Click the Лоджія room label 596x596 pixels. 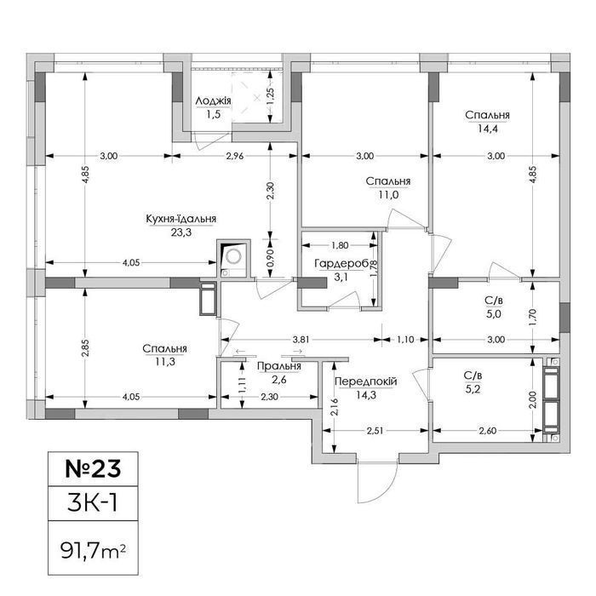point(213,101)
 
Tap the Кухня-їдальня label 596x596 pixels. point(181,219)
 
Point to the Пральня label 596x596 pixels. point(279,366)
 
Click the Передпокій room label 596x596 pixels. point(365,381)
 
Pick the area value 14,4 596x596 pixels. point(488,129)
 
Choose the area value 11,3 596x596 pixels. point(165,362)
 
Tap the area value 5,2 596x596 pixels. point(473,389)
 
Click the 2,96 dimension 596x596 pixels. point(235,156)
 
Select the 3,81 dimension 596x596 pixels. point(301,340)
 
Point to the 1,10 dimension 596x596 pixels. point(405,340)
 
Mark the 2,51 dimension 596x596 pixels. point(375,431)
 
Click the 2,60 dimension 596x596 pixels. point(488,431)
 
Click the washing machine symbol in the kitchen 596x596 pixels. point(233,256)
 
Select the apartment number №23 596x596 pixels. point(93,468)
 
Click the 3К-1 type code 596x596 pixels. point(93,502)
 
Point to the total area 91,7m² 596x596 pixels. point(93,551)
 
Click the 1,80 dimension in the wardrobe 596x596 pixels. point(340,245)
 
